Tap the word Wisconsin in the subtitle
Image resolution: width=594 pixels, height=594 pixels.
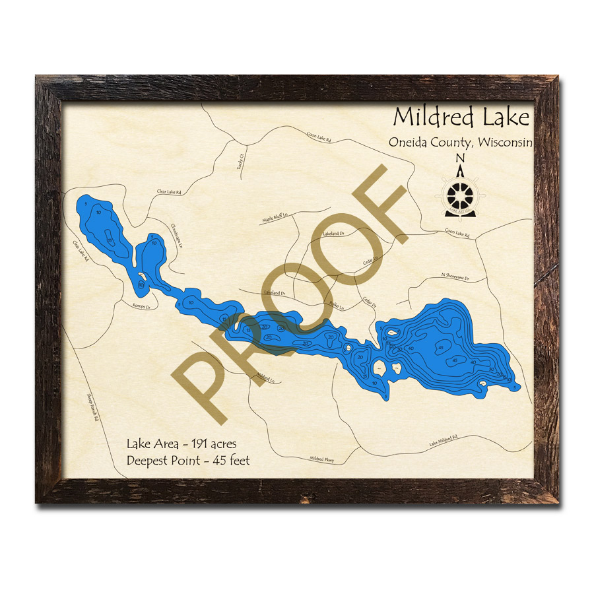(x=506, y=142)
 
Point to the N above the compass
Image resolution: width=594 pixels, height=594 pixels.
(x=461, y=158)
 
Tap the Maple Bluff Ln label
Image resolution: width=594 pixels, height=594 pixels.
(x=276, y=218)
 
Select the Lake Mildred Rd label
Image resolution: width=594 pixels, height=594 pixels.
(x=443, y=440)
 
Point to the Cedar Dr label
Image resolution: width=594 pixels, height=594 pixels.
(x=369, y=302)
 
